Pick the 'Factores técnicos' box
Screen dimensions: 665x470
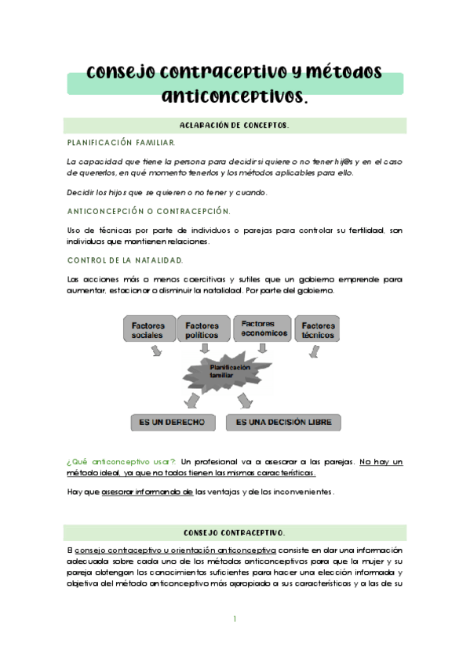click(x=318, y=329)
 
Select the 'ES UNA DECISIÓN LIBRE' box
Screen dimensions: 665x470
click(x=284, y=422)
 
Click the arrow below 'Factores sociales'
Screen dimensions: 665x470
click(x=156, y=352)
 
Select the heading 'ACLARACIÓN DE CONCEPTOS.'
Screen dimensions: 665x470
click(x=235, y=125)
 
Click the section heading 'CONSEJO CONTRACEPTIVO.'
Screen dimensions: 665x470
click(x=235, y=532)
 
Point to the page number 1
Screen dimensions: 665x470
click(x=235, y=619)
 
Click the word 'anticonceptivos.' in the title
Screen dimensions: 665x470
click(x=235, y=96)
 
